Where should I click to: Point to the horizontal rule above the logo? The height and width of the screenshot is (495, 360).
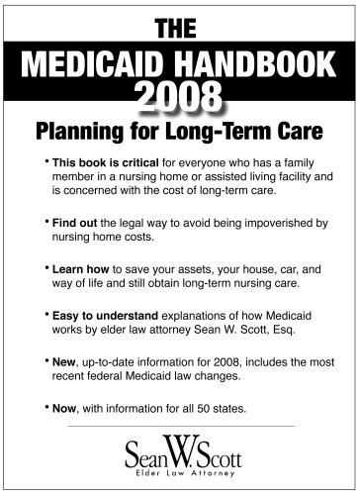click(x=179, y=427)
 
